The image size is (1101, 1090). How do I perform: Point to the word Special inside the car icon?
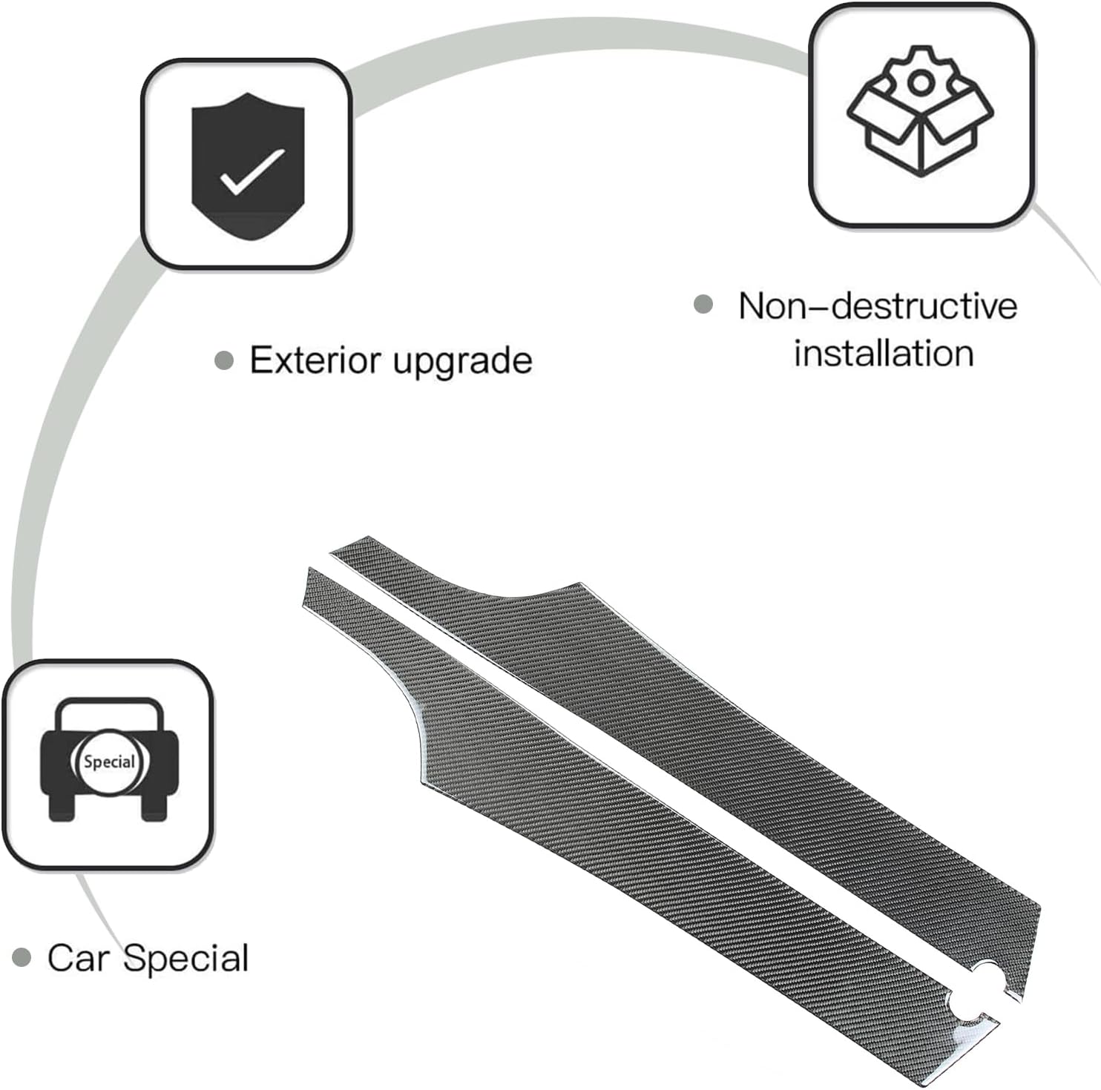(109, 762)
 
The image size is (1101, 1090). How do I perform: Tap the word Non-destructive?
(877, 306)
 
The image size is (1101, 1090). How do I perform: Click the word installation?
(883, 353)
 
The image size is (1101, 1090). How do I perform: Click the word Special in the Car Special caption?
(185, 959)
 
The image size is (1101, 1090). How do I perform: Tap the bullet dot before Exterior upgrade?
(223, 360)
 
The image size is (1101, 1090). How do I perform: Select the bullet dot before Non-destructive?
(703, 304)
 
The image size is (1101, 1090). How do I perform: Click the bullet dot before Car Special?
(23, 958)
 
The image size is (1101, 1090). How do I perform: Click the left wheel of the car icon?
(62, 805)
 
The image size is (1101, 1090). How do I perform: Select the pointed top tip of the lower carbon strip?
(310, 572)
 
